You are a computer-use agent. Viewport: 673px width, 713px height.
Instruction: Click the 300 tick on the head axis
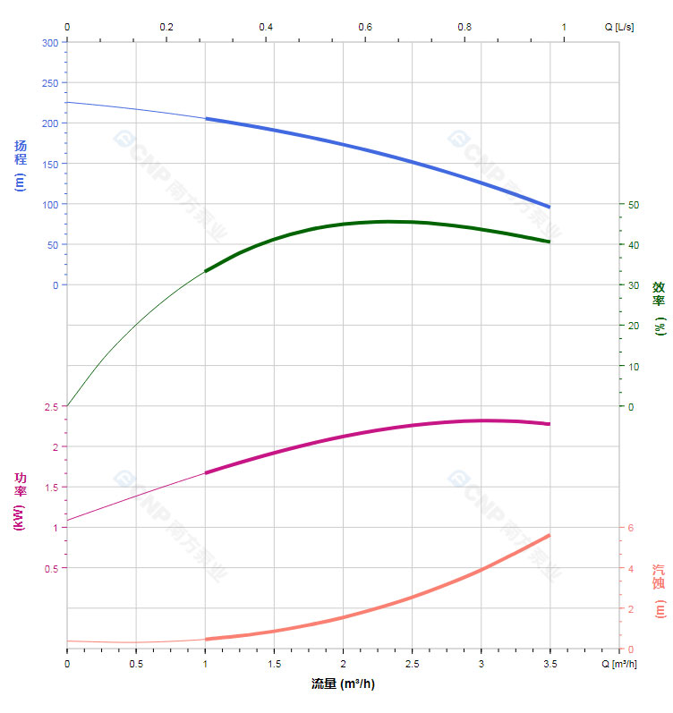pos(50,43)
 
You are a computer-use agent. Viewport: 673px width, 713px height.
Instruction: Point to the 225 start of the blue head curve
pos(68,102)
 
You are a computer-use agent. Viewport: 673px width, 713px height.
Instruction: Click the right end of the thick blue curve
pos(549,207)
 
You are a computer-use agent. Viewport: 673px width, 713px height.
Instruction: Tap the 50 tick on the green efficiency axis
pos(634,204)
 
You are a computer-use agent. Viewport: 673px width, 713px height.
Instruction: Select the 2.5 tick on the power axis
pos(50,407)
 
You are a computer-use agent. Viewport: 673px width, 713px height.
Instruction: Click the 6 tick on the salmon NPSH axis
pos(630,528)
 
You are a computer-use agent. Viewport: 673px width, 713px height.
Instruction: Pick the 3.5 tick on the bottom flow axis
pos(549,664)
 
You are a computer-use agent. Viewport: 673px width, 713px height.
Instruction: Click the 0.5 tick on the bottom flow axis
pos(136,664)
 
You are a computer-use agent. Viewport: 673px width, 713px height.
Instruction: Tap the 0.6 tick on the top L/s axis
pos(365,27)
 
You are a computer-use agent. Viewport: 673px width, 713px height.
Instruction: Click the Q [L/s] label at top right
pos(619,27)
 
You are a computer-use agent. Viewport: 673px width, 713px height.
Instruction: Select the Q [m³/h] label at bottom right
pos(619,664)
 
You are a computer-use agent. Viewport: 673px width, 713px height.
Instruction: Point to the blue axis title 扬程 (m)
pos(21,165)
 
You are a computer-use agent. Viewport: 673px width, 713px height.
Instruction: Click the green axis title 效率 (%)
pos(659,308)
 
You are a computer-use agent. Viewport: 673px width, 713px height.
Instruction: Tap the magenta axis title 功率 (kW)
pos(21,501)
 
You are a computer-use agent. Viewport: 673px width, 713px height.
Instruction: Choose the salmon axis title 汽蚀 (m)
pos(659,590)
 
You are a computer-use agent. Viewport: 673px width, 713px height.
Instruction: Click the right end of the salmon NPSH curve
pos(549,535)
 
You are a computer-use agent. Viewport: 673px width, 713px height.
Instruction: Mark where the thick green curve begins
pos(206,270)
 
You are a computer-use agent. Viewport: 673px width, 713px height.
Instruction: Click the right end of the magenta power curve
pos(549,424)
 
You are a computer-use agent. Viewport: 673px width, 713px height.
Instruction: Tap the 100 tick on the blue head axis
pos(50,204)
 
